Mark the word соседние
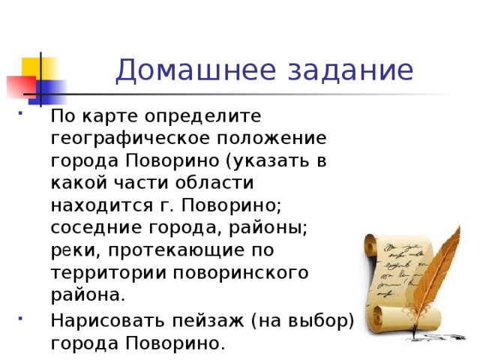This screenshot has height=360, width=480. [93, 228]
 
